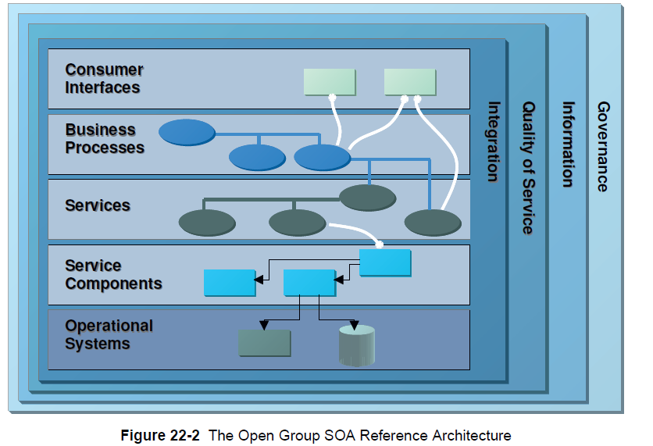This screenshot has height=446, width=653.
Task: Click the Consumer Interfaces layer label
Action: pos(104,78)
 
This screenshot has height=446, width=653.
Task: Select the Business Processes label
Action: pos(105,138)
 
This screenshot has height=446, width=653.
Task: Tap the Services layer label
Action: pos(98,205)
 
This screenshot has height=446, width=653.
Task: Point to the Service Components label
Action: pos(113,274)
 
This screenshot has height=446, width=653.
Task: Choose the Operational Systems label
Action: pos(109,334)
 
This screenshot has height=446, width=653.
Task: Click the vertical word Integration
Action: pos(493,141)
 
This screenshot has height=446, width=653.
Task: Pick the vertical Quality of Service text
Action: pos(529,168)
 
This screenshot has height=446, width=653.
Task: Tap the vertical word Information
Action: pos(568,145)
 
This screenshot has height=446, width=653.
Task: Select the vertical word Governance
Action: pos(603,147)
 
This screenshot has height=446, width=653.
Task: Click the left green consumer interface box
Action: pos(329,82)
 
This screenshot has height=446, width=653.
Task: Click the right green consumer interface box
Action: pos(410,82)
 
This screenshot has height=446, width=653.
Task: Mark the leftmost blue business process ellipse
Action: pos(187,132)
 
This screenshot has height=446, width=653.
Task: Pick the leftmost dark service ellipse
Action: pos(207,223)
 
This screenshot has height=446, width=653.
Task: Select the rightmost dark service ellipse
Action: pos(433,223)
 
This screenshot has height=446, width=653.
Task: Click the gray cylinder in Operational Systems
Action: pos(357,346)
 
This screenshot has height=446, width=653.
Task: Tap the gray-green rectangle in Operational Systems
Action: pos(265,343)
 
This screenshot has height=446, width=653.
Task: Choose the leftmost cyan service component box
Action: pos(230,283)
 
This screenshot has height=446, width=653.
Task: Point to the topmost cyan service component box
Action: pos(385,262)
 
